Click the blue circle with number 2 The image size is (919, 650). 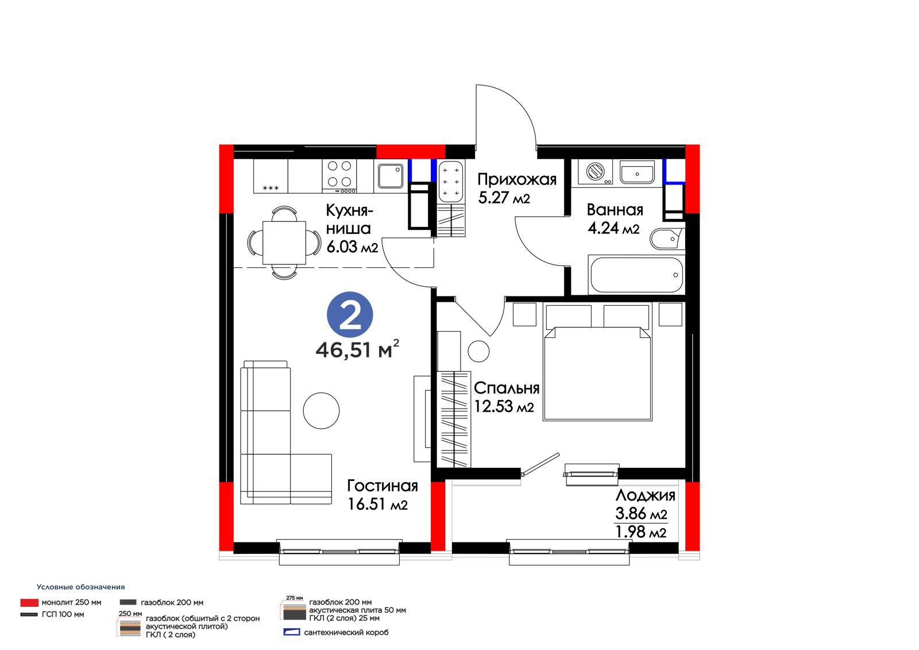point(350,315)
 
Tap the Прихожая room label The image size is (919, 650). point(517,179)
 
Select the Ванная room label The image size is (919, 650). point(615,210)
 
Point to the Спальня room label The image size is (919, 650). point(507,388)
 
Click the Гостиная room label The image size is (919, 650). point(383,486)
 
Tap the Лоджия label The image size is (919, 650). point(646,495)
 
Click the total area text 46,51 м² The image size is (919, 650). point(357,349)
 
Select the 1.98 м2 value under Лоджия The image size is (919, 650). point(641,532)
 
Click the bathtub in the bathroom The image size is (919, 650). point(636,275)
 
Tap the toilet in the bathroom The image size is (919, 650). point(666,239)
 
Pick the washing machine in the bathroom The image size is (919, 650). point(595,171)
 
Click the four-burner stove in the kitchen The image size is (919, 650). point(339,176)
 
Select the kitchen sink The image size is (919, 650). point(390,176)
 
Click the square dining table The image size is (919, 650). point(284,243)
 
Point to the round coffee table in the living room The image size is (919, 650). point(321,410)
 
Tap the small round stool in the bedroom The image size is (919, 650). point(478,352)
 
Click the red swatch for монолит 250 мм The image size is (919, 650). point(29,602)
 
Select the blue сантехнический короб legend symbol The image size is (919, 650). point(292,632)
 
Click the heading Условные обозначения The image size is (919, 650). point(81,587)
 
